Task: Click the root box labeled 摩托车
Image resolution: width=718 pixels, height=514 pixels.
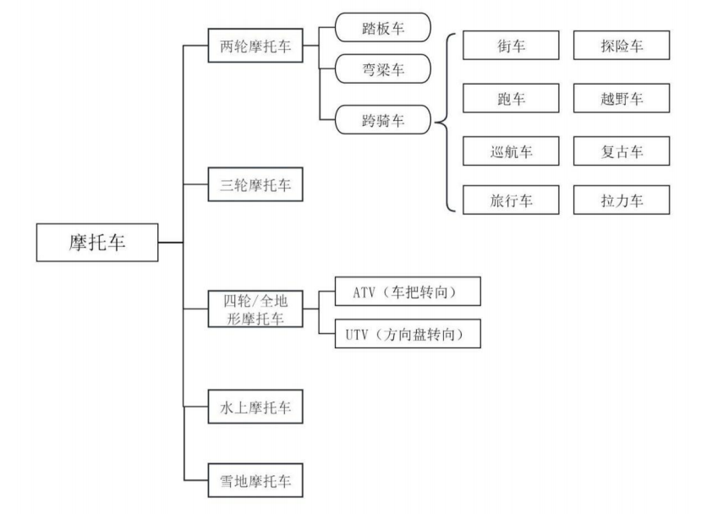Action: click(x=96, y=243)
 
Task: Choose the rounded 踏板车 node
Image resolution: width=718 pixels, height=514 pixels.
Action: click(x=383, y=28)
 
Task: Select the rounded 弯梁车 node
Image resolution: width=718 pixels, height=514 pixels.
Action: click(x=383, y=68)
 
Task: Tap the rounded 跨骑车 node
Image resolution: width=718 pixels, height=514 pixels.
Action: click(x=383, y=121)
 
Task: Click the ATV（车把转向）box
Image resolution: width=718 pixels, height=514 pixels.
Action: click(x=408, y=292)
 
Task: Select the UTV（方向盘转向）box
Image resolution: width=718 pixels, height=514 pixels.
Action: click(x=408, y=334)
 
